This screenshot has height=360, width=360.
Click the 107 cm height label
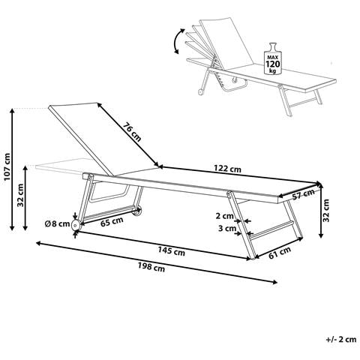coord(7,166)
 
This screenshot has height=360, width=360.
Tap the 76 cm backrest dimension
coord(132,132)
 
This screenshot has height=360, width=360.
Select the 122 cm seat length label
coord(228,169)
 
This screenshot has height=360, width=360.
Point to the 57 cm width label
coord(303,194)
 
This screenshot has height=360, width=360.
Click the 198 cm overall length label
coord(151,267)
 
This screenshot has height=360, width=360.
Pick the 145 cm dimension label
coord(172,251)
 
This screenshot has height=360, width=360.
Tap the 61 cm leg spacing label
coord(280,252)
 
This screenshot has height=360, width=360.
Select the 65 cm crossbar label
coord(112,222)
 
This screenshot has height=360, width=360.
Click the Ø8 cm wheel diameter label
coord(57,223)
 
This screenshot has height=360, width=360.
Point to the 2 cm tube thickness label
coord(225,216)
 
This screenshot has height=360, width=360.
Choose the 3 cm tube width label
coord(227,228)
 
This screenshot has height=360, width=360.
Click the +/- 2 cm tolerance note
coord(341,340)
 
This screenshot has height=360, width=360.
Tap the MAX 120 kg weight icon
coord(273,58)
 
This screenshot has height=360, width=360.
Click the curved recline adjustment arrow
coord(178,41)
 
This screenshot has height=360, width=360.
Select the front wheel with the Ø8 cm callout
coord(75,226)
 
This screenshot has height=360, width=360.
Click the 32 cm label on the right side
coord(326,210)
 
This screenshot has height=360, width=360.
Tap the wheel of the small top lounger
coord(200,92)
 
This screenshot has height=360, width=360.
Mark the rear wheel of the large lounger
coord(136,211)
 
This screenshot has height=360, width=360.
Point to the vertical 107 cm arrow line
coord(12,169)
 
